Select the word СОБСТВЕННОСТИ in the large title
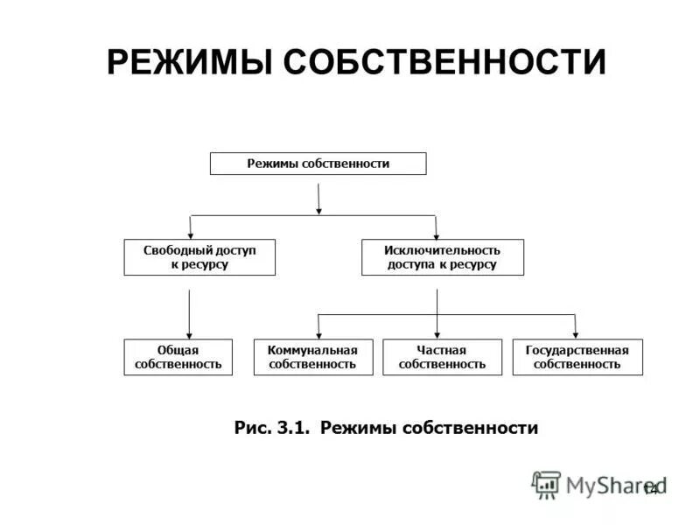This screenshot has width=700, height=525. [x=445, y=63]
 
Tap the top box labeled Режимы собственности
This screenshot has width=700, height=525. [x=318, y=164]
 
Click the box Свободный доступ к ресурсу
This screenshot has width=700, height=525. [x=199, y=257]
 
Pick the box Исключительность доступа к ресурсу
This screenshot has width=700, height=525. [x=442, y=257]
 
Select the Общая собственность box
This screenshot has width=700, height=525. [x=178, y=357]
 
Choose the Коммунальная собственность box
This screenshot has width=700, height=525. [x=312, y=357]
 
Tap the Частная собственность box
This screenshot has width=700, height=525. [x=442, y=357]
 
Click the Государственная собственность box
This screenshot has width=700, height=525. [x=577, y=357]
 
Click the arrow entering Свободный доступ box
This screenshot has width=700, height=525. [x=191, y=229]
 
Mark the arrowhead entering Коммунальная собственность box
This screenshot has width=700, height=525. [x=318, y=332]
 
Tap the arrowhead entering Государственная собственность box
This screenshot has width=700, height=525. [x=576, y=332]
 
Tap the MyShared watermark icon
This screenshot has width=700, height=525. [x=546, y=485]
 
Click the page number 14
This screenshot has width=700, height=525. [x=649, y=488]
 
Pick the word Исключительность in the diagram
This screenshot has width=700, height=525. [x=442, y=250]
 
